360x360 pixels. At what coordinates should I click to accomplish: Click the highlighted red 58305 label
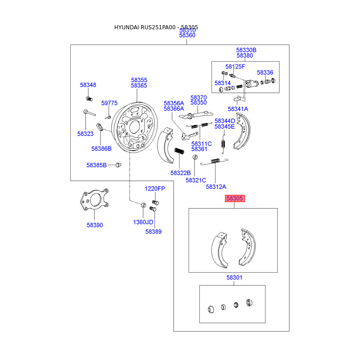234,198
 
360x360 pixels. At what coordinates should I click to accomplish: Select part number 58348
88,85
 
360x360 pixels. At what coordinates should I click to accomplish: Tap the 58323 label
85,134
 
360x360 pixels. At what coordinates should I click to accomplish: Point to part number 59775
109,103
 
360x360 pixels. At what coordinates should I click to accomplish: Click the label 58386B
102,149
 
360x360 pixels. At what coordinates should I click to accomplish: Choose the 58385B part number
97,165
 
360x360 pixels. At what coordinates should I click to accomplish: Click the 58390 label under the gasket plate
95,225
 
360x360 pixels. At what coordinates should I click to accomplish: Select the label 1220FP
155,189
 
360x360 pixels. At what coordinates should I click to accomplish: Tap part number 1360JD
143,222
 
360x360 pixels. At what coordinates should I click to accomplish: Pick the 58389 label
153,232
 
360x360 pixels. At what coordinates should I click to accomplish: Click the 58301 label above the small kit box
234,278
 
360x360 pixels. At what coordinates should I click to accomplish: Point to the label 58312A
216,187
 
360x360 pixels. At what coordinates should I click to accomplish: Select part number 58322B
181,173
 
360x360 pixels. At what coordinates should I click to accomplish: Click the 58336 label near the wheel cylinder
265,72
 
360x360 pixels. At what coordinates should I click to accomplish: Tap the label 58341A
238,109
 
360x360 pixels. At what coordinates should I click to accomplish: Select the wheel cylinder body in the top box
252,84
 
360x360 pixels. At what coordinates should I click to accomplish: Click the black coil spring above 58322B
179,151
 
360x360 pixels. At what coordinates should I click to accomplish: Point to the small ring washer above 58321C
195,157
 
